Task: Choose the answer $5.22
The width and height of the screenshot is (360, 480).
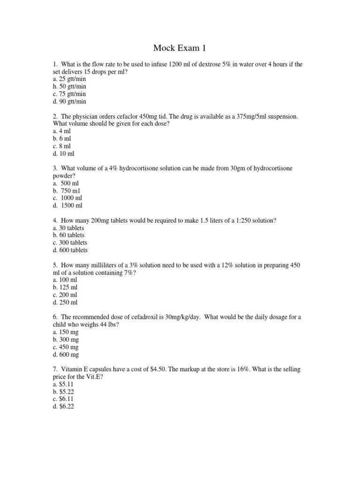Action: coord(63,392)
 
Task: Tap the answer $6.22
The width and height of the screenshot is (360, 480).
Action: coord(63,407)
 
